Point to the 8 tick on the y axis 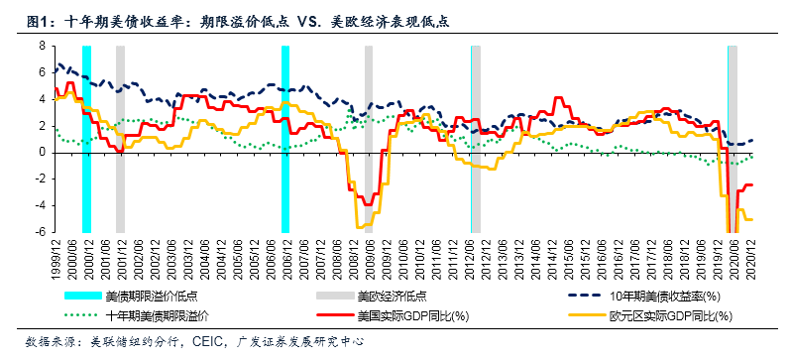pos(42,46)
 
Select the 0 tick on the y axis pos(42,153)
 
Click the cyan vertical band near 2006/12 pos(285,139)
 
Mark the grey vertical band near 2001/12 pos(120,139)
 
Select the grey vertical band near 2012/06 pos(476,139)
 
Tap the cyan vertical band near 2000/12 pos(86,139)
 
